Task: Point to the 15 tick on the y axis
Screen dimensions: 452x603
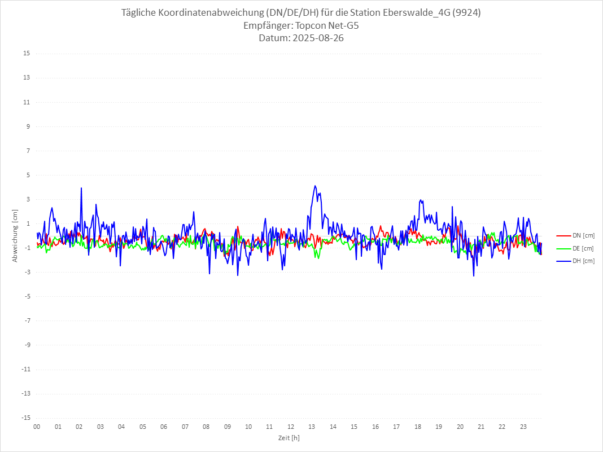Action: click(27, 54)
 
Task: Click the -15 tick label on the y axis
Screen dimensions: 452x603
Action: click(25, 418)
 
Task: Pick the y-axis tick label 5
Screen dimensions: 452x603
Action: click(28, 175)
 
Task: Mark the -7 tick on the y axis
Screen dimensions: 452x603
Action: click(27, 321)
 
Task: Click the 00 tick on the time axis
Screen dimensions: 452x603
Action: click(37, 427)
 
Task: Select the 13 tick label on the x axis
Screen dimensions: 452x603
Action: click(312, 427)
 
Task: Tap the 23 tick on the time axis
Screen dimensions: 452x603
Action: click(523, 427)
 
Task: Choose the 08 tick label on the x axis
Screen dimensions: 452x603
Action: click(206, 427)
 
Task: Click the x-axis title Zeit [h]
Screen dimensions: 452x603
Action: click(289, 438)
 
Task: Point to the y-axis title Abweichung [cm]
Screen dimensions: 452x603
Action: click(15, 236)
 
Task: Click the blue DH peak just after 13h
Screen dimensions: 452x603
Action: click(315, 186)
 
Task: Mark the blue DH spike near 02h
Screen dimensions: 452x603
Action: click(81, 188)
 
